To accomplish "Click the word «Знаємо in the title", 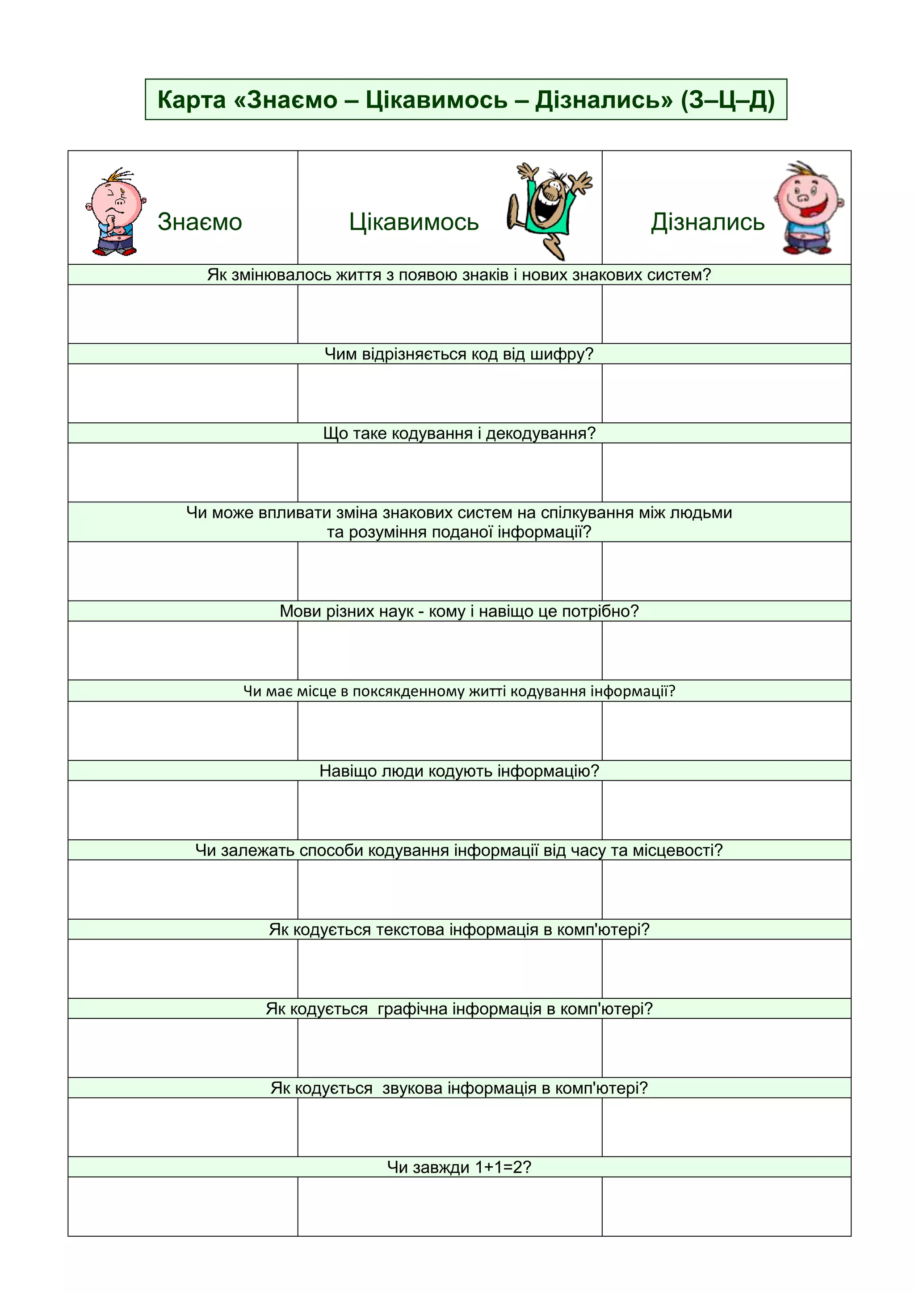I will point(285,100).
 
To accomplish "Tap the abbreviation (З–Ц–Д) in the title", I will point(727,100).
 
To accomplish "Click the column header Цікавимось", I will point(414,222).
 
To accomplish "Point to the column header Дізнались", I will point(708,222).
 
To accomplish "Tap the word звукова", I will point(412,1088).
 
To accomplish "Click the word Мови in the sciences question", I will point(300,612).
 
